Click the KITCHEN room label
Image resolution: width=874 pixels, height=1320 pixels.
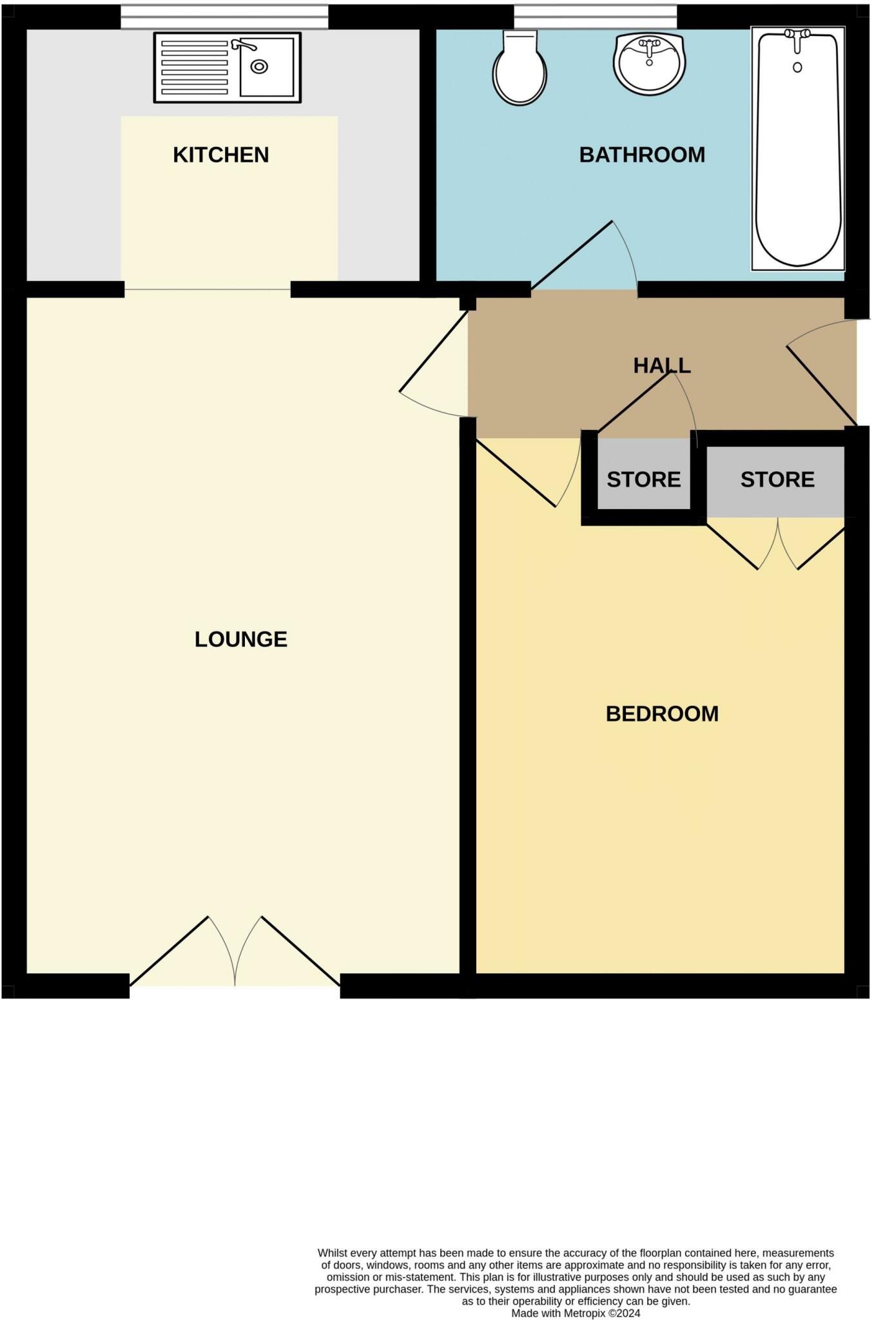pos(220,155)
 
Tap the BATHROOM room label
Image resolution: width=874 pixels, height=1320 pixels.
pos(642,155)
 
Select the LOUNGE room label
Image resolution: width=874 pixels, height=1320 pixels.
pos(240,639)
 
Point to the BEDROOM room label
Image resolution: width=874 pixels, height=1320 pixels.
pos(662,713)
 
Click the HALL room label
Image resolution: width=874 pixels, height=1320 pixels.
pos(662,365)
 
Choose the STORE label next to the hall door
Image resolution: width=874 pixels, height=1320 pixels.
pos(643,480)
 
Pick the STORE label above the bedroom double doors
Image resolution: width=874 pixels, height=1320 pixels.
pos(777,480)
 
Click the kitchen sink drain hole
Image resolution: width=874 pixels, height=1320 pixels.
pos(259,66)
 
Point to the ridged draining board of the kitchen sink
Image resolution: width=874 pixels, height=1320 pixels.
pos(194,68)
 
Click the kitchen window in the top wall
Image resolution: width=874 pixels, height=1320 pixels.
pos(224,17)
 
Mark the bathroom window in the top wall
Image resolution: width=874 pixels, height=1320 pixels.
pos(595,17)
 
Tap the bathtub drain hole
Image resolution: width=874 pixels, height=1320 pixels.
pos(797,67)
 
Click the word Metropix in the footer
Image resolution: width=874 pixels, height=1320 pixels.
pos(585,1313)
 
